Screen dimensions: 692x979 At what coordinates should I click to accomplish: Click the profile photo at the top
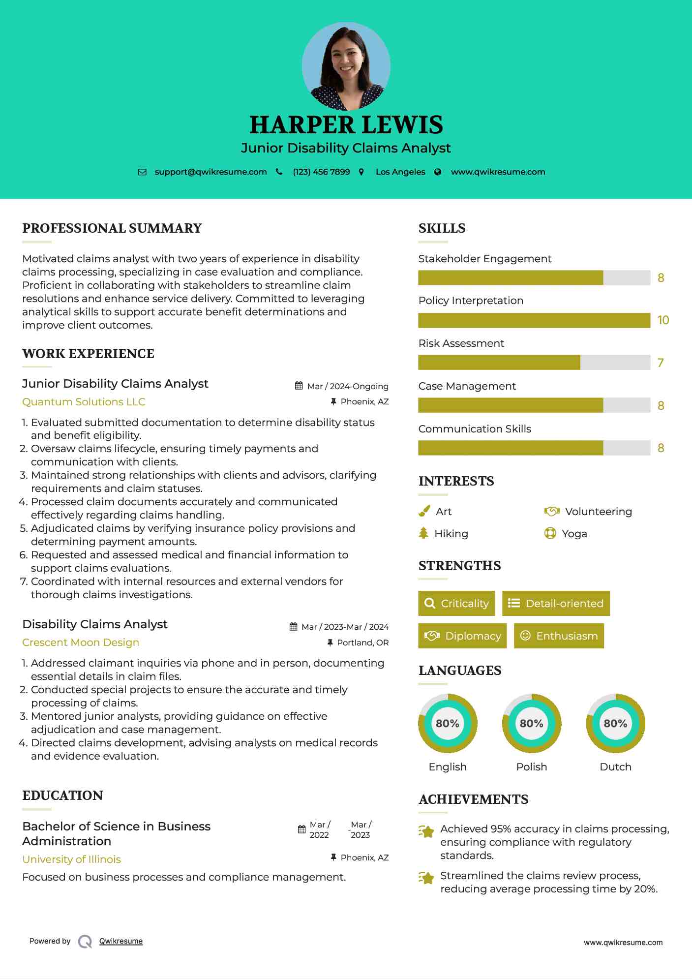point(346,66)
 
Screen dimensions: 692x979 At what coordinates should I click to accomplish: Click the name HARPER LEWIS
point(346,125)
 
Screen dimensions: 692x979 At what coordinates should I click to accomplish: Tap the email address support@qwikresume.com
point(211,172)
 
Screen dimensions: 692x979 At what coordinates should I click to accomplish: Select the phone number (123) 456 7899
point(321,172)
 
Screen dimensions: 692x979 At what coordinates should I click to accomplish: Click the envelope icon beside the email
point(142,172)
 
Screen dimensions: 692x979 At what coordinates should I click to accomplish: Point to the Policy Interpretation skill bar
point(534,320)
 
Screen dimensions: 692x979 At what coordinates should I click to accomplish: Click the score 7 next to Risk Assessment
point(661,363)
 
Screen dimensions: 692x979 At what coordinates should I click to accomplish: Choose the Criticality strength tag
point(456,604)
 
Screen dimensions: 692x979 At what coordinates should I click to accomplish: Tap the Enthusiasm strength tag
point(559,636)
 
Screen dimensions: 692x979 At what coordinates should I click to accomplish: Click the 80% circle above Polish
point(531,723)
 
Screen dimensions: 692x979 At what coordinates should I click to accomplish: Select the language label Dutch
point(615,767)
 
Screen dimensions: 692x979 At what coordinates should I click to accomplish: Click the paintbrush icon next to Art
point(424,512)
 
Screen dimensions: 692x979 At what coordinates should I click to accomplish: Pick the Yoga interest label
point(574,534)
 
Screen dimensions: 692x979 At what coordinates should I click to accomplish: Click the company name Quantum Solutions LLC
point(84,402)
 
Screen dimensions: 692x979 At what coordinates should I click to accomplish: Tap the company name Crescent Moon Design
point(81,642)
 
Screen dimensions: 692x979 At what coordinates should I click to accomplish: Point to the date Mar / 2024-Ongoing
point(347,386)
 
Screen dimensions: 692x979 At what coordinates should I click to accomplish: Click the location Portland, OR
point(362,642)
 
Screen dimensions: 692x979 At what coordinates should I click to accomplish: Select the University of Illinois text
point(71,859)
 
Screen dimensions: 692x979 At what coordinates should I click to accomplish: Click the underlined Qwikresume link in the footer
point(121,941)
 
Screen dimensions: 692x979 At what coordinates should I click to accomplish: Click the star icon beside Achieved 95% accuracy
point(426,831)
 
